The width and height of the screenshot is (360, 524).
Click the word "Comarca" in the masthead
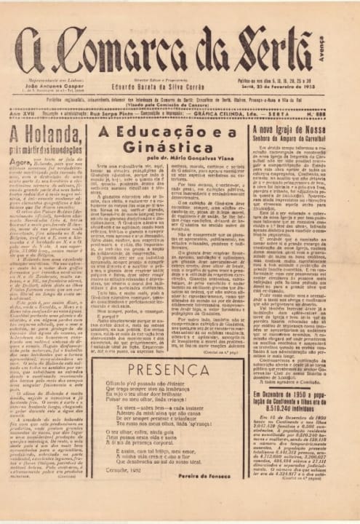(143, 49)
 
